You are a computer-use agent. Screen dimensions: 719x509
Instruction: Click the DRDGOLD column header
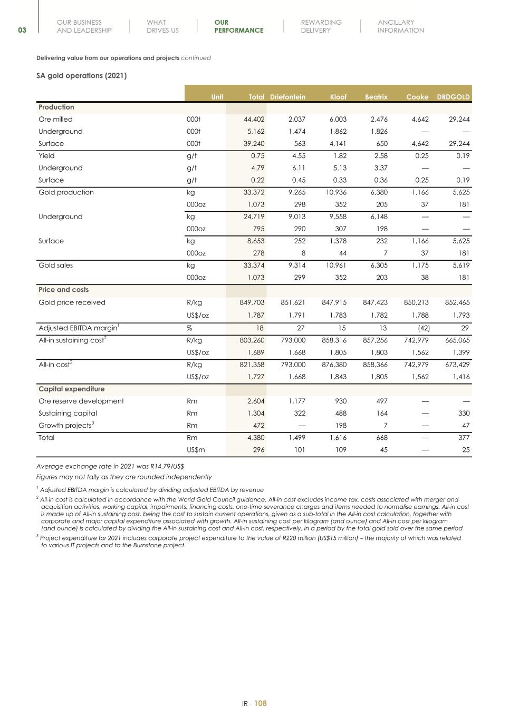click(453, 97)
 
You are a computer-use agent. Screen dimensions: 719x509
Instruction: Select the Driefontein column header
click(287, 97)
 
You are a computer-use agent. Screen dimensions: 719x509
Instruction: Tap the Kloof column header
click(338, 97)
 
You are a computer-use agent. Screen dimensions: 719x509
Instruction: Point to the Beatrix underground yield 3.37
click(380, 168)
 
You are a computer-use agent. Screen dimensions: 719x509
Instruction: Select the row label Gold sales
click(56, 265)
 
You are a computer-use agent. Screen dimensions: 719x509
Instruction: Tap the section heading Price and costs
click(64, 290)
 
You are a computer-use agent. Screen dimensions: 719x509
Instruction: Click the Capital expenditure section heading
click(72, 389)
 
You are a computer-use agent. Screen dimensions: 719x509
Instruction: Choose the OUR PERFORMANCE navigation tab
click(238, 26)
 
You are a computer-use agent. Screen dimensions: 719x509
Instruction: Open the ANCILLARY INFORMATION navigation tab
click(400, 26)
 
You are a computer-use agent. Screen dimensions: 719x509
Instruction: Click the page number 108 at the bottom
click(261, 703)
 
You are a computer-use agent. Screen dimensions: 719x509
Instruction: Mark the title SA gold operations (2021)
click(81, 76)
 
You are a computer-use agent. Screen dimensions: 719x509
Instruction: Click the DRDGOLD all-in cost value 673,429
click(457, 365)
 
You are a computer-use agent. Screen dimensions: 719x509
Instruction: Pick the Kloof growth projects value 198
click(341, 426)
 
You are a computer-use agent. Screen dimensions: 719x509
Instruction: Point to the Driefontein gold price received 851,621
click(293, 303)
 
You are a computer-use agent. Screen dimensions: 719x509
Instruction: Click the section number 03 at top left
click(22, 31)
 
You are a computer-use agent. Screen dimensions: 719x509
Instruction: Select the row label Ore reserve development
click(81, 401)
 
